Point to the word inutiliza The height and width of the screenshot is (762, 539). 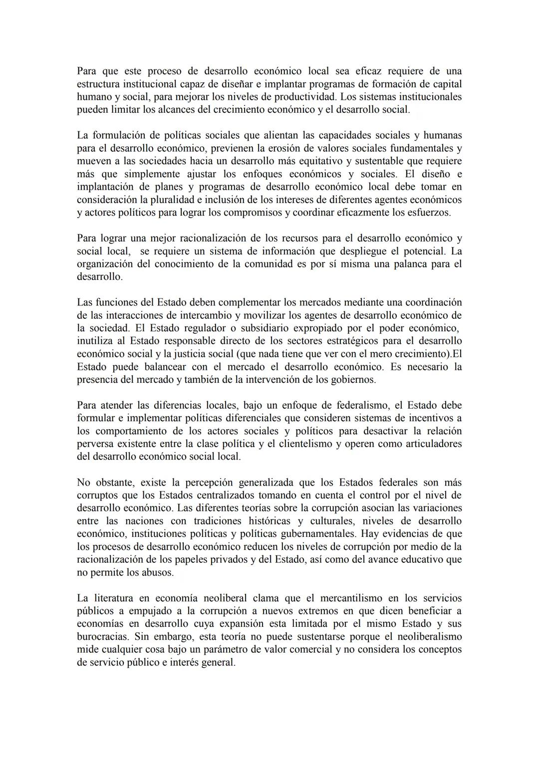(x=96, y=341)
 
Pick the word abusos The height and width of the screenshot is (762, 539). (x=158, y=572)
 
